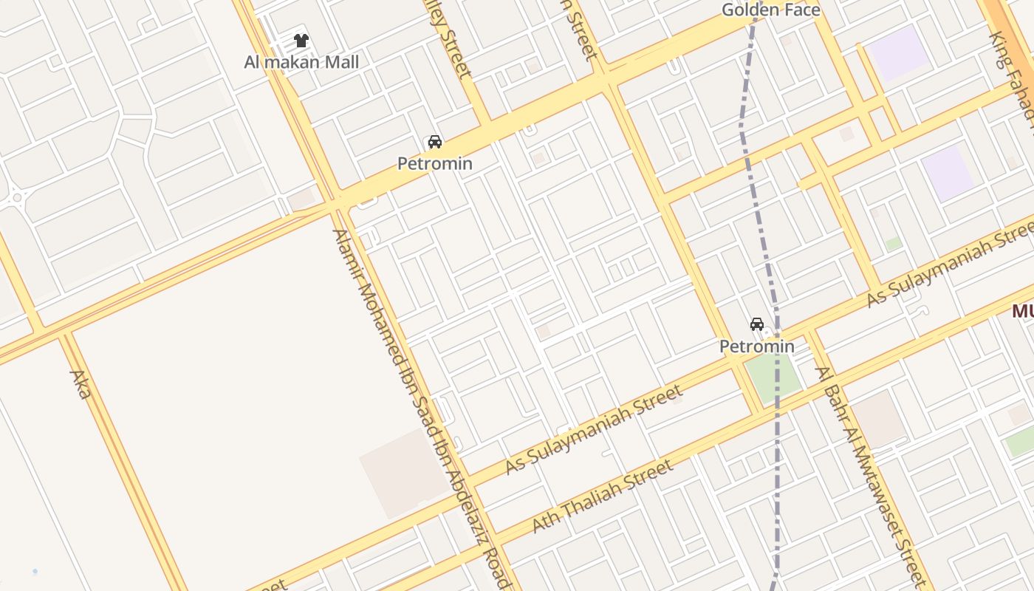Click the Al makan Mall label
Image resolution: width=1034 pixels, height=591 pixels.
[301, 62]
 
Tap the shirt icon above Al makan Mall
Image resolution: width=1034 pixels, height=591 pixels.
[301, 40]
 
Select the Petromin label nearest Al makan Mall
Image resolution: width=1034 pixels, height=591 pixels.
[434, 163]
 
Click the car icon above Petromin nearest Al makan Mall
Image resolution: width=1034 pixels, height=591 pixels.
[434, 142]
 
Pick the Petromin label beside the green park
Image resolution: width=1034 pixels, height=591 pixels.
[757, 346]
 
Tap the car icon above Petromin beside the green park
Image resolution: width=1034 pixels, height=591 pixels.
[757, 324]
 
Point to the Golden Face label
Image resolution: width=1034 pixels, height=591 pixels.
[771, 10]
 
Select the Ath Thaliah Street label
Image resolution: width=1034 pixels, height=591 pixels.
[603, 496]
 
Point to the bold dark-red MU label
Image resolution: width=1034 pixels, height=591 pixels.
[1023, 311]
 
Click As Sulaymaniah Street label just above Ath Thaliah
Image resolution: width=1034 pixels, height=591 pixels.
[594, 431]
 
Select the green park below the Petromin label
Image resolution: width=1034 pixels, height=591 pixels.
[772, 378]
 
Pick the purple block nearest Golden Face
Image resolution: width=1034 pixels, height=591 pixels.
[898, 52]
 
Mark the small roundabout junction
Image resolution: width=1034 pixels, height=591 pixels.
[15, 197]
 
